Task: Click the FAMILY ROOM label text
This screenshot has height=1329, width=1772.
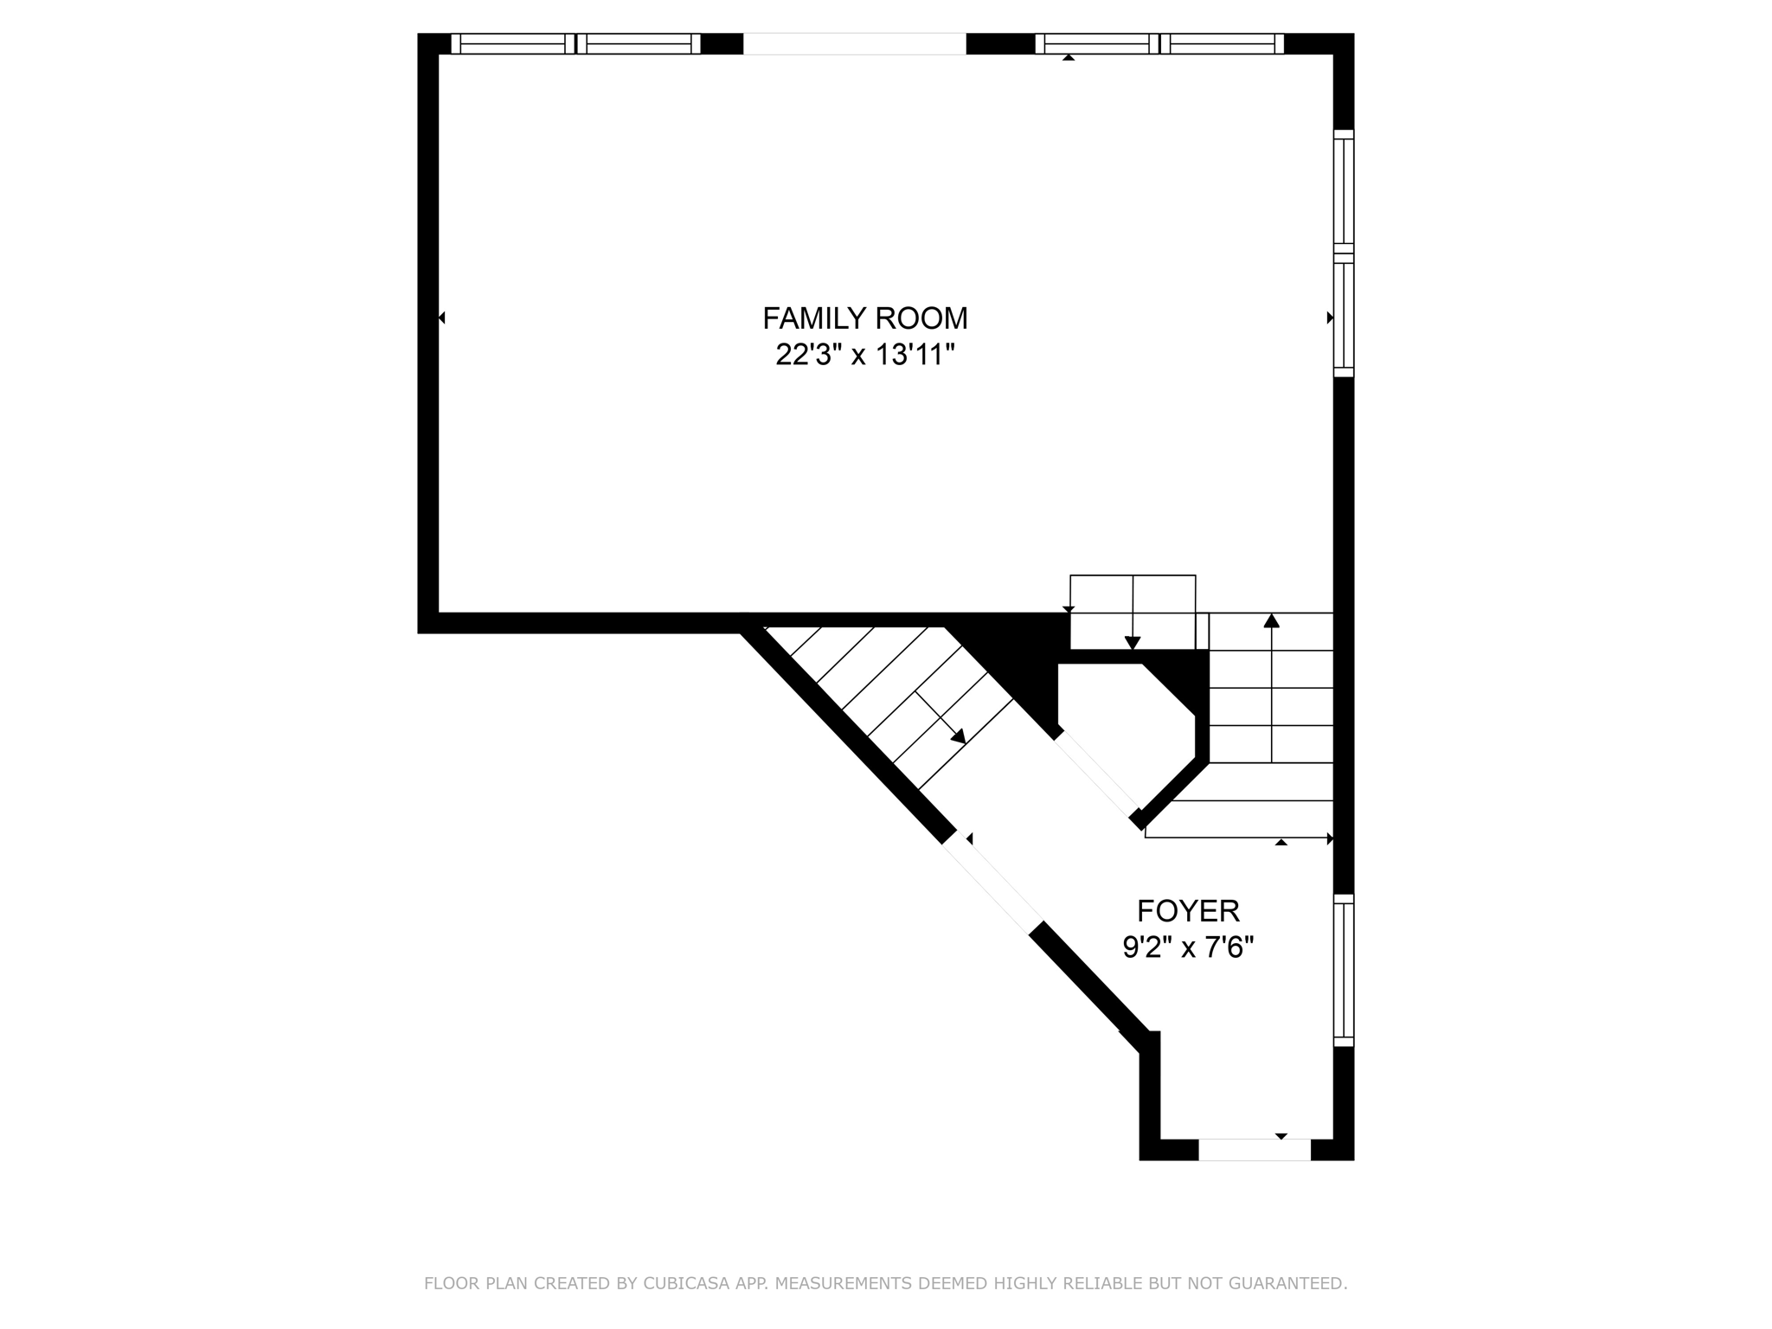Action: (x=864, y=318)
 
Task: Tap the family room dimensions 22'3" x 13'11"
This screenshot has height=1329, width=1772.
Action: (x=864, y=355)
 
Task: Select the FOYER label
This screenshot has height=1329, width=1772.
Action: (x=1188, y=911)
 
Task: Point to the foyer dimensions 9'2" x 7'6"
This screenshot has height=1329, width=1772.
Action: (x=1188, y=948)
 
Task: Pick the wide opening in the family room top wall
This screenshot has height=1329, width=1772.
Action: (x=854, y=43)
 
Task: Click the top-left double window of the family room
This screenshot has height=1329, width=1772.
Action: (x=575, y=43)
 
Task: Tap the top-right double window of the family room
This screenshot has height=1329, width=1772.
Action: (x=1159, y=43)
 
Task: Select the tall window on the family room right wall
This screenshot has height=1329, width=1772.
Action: (x=1343, y=253)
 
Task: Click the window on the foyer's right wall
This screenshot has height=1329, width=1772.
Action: (x=1343, y=970)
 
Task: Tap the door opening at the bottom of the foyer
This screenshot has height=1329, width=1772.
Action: (x=1254, y=1150)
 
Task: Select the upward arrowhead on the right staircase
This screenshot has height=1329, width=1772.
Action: (x=1271, y=620)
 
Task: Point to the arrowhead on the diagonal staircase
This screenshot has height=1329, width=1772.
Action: (x=958, y=735)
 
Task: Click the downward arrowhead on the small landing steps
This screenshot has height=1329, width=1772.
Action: (x=1132, y=642)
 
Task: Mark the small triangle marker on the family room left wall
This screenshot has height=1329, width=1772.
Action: (x=441, y=318)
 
